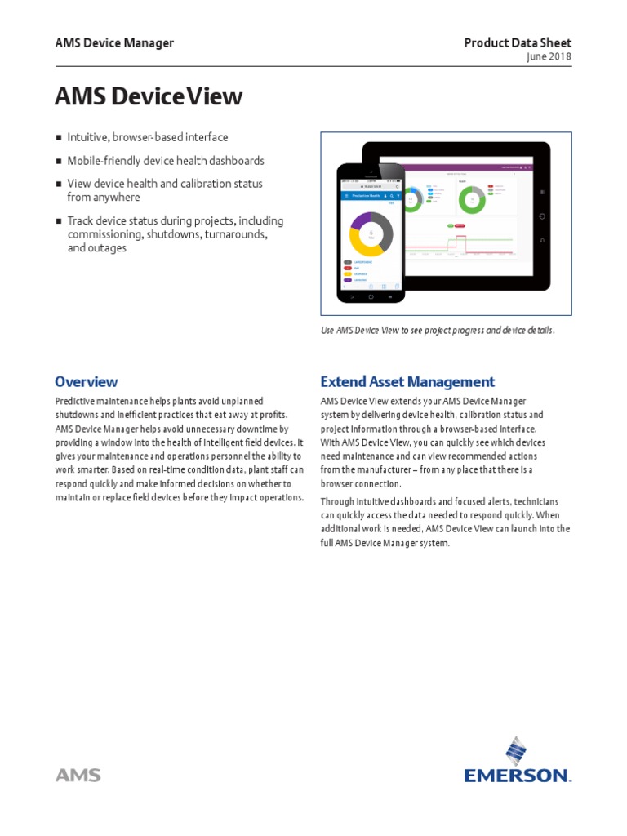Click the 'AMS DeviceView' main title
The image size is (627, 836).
[x=148, y=96]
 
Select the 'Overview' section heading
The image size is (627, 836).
[x=86, y=381]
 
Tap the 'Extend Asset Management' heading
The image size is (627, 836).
[x=407, y=381]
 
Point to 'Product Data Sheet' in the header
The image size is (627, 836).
[x=518, y=43]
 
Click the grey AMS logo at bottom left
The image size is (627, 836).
[x=78, y=775]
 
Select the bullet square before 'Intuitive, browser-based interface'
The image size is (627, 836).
[x=58, y=138]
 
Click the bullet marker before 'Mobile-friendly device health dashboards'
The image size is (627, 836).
[x=58, y=162]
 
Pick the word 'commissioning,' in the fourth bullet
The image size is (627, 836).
[x=105, y=234]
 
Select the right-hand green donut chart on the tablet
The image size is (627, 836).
[x=471, y=199]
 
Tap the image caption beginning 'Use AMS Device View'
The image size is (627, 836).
[x=438, y=331]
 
